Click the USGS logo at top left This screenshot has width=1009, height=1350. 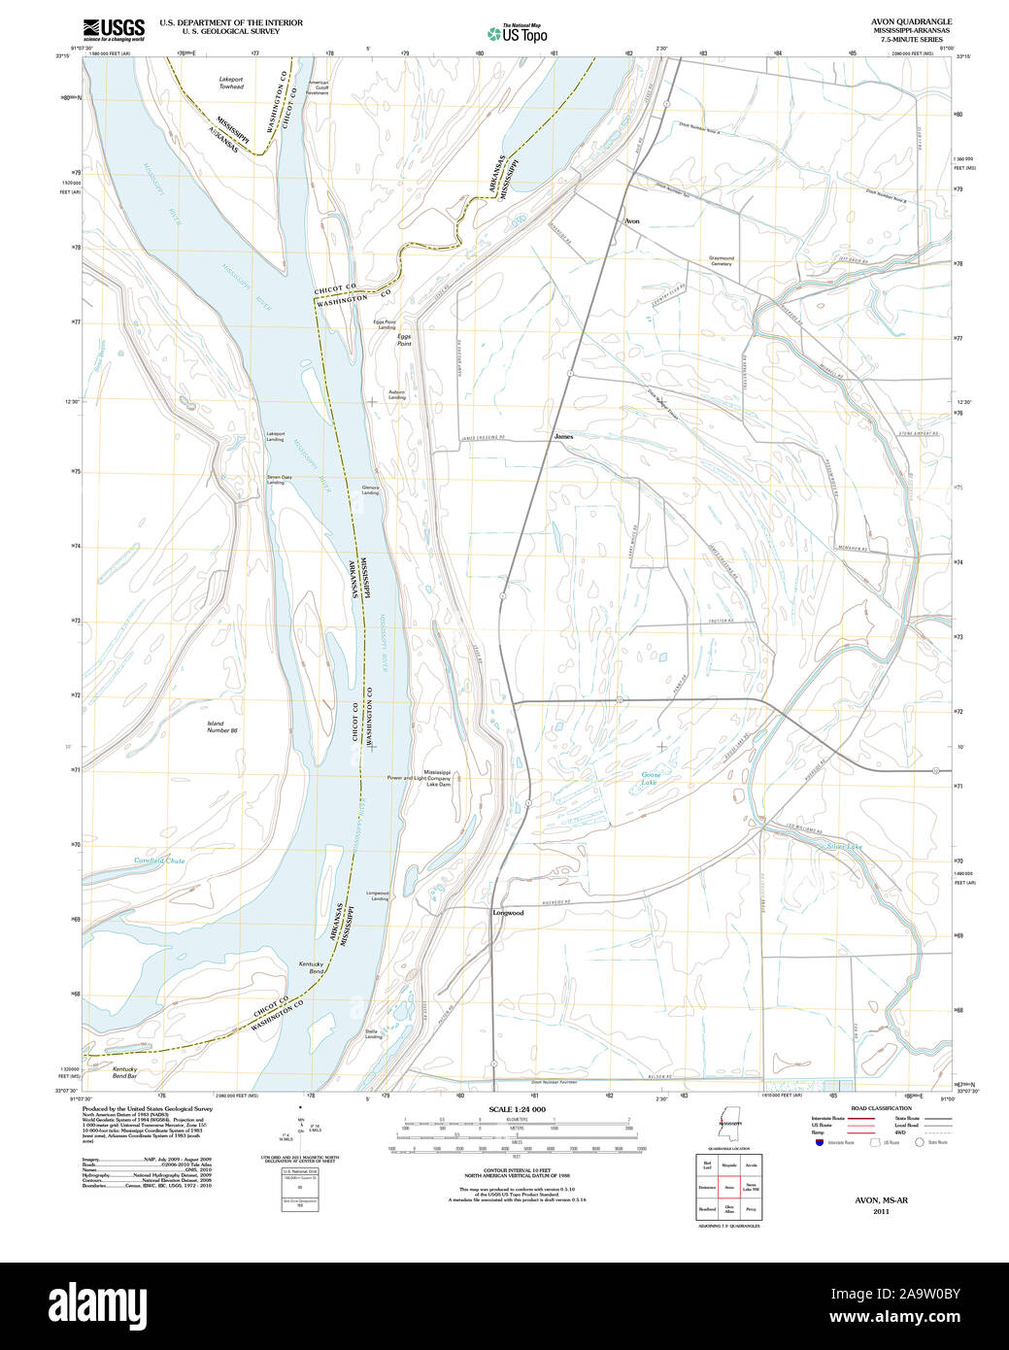point(114,28)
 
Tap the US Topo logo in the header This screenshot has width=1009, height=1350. point(518,34)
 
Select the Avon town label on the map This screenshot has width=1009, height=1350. point(632,221)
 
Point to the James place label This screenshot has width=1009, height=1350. point(563,437)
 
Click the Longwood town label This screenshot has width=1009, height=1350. point(508,913)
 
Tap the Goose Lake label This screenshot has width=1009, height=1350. point(650,778)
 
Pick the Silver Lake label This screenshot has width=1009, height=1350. point(844,847)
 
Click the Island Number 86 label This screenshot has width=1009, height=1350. point(221,726)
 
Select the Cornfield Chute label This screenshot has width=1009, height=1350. point(159,861)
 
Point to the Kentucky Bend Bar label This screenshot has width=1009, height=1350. point(124,1072)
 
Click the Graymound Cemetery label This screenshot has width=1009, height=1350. point(722,261)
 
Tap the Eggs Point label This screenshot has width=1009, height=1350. point(403,340)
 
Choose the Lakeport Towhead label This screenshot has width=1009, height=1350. point(231,83)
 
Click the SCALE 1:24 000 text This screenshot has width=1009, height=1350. point(517,1109)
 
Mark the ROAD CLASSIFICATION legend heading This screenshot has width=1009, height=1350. point(881,1108)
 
